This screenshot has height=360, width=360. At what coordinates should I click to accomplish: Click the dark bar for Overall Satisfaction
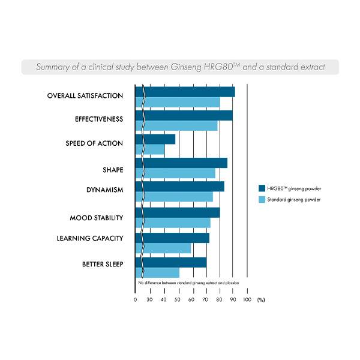[186, 92]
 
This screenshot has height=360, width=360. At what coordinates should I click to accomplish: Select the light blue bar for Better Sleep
[159, 272]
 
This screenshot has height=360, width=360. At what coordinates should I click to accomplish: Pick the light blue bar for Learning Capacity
[165, 248]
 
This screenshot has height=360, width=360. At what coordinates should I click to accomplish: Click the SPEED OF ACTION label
[94, 143]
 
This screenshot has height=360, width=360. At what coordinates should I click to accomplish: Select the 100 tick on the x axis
[247, 299]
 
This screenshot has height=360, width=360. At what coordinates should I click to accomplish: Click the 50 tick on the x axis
[178, 299]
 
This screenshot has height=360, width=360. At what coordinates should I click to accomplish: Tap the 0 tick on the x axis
[136, 299]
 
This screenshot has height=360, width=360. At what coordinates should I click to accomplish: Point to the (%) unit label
[260, 299]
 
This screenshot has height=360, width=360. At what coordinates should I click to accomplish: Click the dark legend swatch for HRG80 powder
[262, 188]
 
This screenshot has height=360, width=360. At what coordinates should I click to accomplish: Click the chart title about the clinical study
[180, 67]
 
